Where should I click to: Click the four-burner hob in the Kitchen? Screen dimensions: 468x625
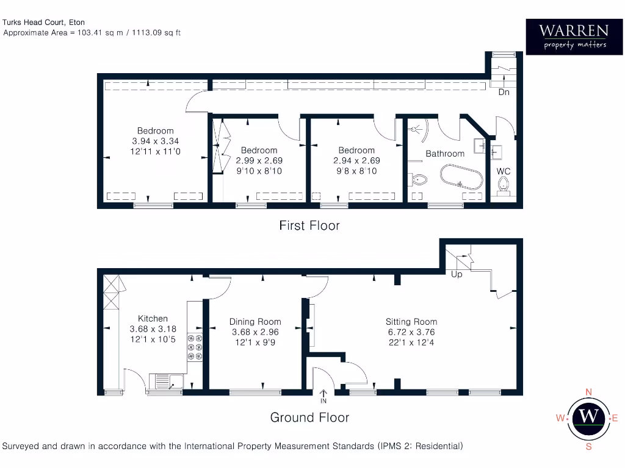point(195,348)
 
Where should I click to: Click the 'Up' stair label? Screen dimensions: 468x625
point(457,274)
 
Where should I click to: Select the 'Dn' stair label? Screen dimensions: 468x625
point(504,92)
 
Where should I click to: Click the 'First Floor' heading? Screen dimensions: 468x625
point(309,225)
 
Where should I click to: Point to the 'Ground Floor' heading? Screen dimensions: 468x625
point(309,417)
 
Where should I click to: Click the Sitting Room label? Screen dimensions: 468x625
point(411,322)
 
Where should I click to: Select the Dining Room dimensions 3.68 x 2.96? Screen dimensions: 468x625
point(255,332)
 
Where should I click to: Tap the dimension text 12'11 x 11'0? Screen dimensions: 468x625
point(156,151)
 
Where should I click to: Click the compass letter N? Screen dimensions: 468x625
point(588,392)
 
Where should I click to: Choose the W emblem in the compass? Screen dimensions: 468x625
point(588,417)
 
